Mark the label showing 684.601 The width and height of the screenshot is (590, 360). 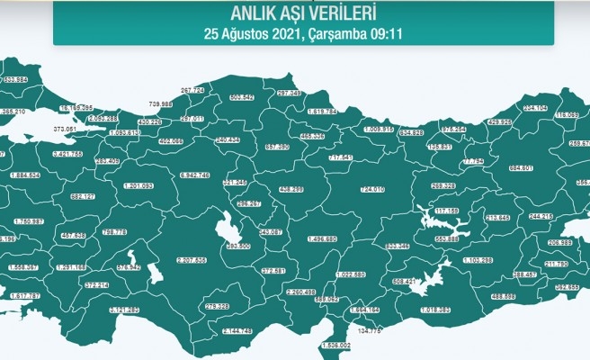click(527, 168)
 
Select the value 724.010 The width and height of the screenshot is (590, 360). click(371, 189)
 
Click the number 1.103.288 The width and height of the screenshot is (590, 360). click(478, 260)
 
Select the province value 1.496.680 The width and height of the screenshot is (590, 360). click(321, 238)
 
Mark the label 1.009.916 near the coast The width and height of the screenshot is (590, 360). click(379, 129)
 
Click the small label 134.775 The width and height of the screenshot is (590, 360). click(369, 331)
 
